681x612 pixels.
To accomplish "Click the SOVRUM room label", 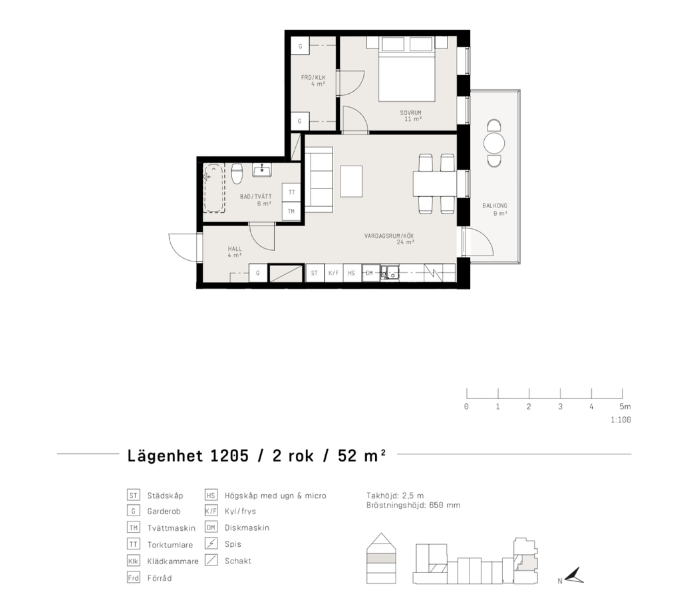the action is point(410,113).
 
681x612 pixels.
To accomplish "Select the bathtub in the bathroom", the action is point(213,188).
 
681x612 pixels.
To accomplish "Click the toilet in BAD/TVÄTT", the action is point(237,174).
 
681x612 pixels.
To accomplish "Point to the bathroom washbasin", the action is point(262,170).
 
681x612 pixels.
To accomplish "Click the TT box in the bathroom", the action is point(291,192).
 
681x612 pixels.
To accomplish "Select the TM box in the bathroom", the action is point(291,211).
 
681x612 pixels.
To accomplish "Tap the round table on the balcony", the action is point(494,143).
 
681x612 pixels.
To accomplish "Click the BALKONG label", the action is point(495,206).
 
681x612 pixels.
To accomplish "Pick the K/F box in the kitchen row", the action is point(334,273).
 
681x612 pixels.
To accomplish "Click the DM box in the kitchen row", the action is point(370,273).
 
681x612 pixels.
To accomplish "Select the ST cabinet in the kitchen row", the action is point(315,273).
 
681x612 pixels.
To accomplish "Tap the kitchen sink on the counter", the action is point(390,272).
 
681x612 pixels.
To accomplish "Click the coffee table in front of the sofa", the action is point(351,181).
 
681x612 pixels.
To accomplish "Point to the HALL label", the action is point(235,249).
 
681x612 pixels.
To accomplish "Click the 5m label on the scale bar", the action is point(625,406).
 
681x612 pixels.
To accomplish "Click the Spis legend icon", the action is point(211,543).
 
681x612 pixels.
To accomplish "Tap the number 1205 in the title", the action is point(229,456).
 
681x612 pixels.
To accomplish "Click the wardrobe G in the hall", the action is point(258,273).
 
